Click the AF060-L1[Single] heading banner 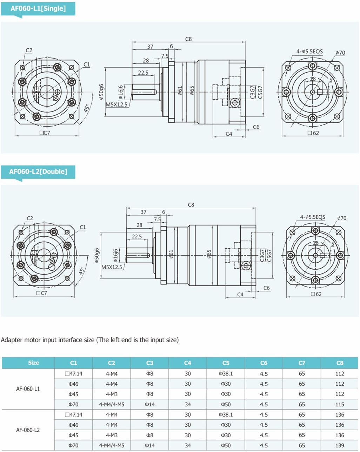click(x=38, y=9)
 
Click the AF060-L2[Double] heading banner click(x=38, y=172)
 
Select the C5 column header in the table click(x=226, y=363)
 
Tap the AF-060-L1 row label click(x=28, y=389)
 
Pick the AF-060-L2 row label click(x=28, y=430)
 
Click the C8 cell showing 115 click(x=340, y=404)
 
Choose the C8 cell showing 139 click(x=340, y=445)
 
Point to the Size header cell click(x=33, y=363)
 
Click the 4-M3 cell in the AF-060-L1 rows click(x=112, y=394)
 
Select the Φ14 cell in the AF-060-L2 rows click(x=149, y=445)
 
